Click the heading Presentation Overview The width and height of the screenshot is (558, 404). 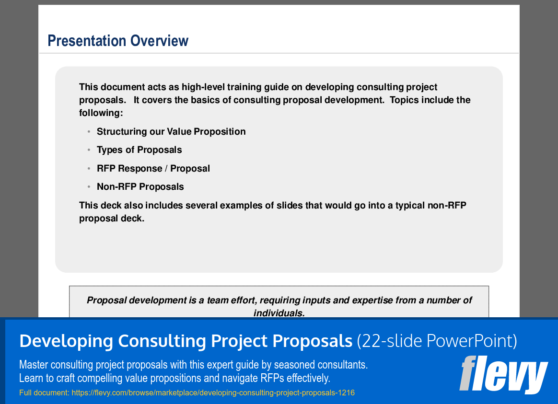(118, 41)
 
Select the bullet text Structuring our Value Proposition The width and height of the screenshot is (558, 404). (171, 132)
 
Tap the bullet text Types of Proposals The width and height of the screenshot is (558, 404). (139, 150)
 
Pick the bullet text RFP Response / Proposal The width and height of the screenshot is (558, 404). (153, 169)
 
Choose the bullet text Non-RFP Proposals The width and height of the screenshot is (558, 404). (140, 187)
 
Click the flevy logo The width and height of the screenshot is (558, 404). (503, 374)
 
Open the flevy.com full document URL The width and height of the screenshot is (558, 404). (213, 393)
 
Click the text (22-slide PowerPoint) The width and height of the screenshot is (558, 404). (437, 341)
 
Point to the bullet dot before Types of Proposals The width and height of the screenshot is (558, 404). (89, 150)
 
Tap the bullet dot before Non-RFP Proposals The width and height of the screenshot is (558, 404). (89, 187)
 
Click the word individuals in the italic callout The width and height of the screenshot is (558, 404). (279, 313)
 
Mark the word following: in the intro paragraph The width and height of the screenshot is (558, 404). (101, 113)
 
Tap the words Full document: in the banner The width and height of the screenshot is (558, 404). (44, 393)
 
